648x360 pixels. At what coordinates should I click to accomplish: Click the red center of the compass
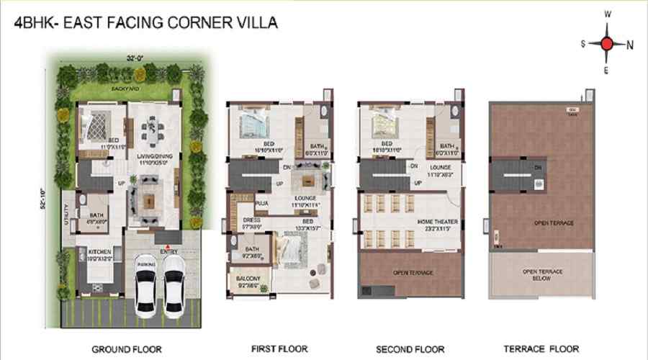coord(606,44)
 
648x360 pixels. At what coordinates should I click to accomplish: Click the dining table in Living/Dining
coord(152,130)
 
